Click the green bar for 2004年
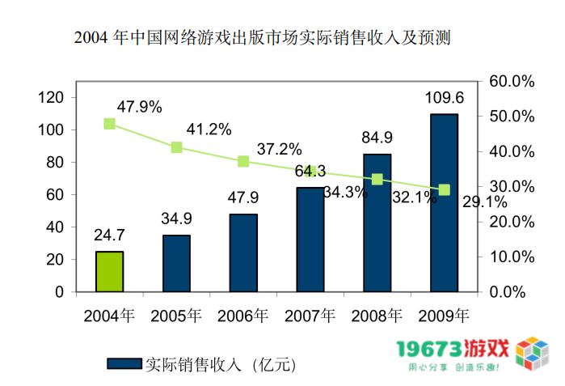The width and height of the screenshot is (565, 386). [109, 271]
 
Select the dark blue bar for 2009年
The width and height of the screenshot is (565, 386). [444, 202]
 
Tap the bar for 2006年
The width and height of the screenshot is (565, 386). [243, 252]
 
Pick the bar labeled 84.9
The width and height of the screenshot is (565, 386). [377, 223]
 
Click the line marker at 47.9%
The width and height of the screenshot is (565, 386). [109, 124]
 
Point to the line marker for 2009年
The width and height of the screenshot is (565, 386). [444, 189]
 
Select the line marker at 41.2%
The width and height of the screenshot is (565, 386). [176, 147]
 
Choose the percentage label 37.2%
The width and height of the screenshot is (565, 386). [279, 149]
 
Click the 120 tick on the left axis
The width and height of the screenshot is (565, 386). [51, 97]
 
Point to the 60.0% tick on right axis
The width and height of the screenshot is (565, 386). [512, 82]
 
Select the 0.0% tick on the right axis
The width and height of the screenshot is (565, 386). [516, 291]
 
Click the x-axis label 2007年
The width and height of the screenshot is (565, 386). [310, 315]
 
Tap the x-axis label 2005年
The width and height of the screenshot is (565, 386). [176, 315]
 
